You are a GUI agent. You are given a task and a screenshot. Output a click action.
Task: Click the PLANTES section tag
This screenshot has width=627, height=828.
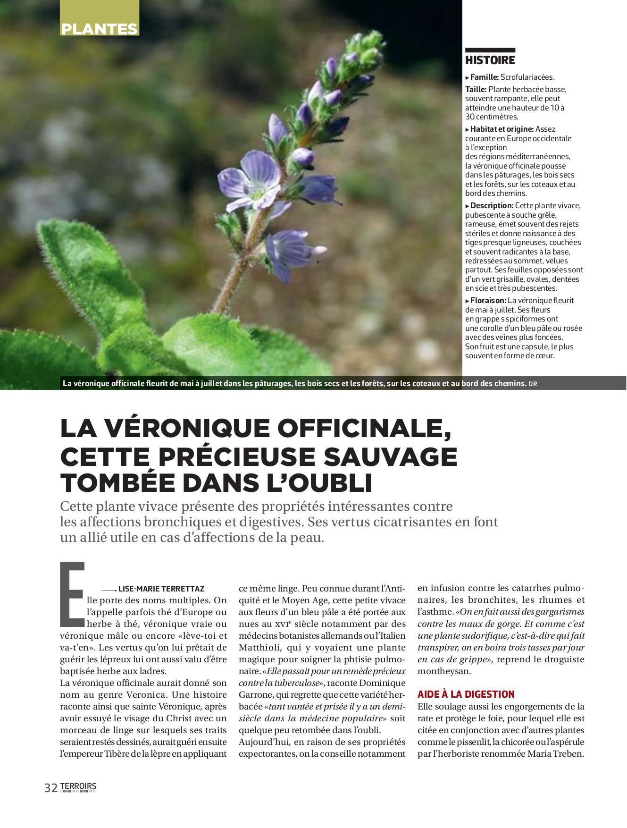coord(100,29)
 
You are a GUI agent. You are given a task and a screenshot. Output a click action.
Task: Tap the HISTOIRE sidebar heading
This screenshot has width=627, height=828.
coord(490,60)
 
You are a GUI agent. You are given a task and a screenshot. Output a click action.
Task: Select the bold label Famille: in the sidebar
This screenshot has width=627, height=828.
coord(485,77)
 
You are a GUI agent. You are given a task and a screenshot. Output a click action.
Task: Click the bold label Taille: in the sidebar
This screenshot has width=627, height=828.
coord(476,89)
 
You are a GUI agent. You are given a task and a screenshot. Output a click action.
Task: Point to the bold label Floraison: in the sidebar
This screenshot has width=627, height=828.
coord(488,301)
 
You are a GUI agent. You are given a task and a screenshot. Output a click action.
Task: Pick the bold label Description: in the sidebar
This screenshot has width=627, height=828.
coord(492,206)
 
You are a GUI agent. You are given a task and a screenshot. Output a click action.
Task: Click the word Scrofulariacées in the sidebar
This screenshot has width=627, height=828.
coord(527,77)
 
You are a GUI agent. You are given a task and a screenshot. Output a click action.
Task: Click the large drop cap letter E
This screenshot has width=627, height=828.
coord(72,592)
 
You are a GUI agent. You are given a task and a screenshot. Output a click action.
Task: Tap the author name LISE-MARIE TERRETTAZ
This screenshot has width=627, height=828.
coord(161,589)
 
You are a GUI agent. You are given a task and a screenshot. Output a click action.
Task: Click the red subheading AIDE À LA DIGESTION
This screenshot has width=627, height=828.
coord(466,694)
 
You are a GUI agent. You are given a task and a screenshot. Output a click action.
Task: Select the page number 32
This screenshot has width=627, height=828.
coord(50,787)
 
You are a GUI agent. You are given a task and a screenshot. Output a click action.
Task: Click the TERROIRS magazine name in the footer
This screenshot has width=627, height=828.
coord(78,786)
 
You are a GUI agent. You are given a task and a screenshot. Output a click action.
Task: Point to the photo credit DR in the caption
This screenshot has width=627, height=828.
coord(533,384)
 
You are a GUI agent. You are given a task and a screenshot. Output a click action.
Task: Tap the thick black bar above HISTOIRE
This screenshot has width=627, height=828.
coord(490,50)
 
